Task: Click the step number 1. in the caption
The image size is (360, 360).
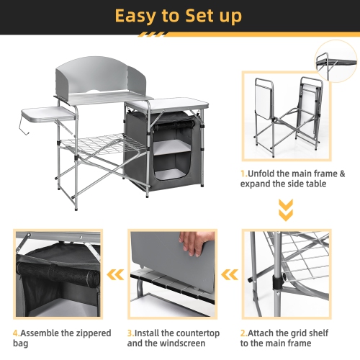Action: click(244, 174)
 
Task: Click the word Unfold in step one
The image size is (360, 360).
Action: click(264, 174)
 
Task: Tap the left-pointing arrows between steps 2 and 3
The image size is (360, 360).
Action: click(230, 274)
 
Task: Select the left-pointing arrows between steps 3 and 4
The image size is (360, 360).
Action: click(114, 274)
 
